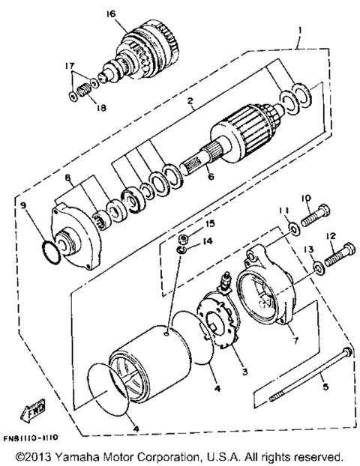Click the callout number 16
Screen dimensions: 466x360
[x=111, y=14]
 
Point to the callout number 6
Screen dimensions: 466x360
[x=211, y=178]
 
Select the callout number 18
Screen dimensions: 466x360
[x=101, y=107]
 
